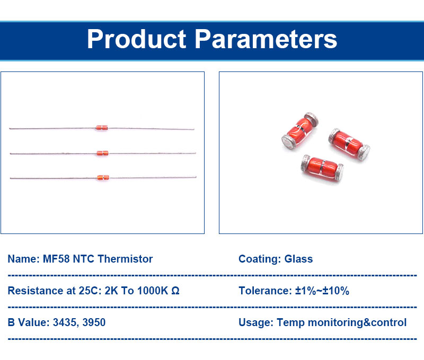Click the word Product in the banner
tap(136, 39)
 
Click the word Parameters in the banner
tap(266, 39)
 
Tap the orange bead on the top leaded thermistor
tap(102, 128)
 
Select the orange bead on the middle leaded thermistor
tap(102, 154)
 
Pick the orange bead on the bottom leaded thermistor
tap(103, 177)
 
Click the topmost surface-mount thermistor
tap(300, 131)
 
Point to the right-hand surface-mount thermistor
tap(349, 144)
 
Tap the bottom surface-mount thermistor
tap(322, 168)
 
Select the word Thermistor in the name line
tap(125, 259)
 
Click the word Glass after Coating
tap(298, 259)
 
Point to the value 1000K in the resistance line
tap(153, 291)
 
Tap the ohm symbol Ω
tap(175, 291)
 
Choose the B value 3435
tap(65, 322)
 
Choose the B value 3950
tap(94, 322)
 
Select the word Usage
tap(256, 323)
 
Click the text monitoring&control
tap(357, 323)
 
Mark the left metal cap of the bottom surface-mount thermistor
tap(306, 163)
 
